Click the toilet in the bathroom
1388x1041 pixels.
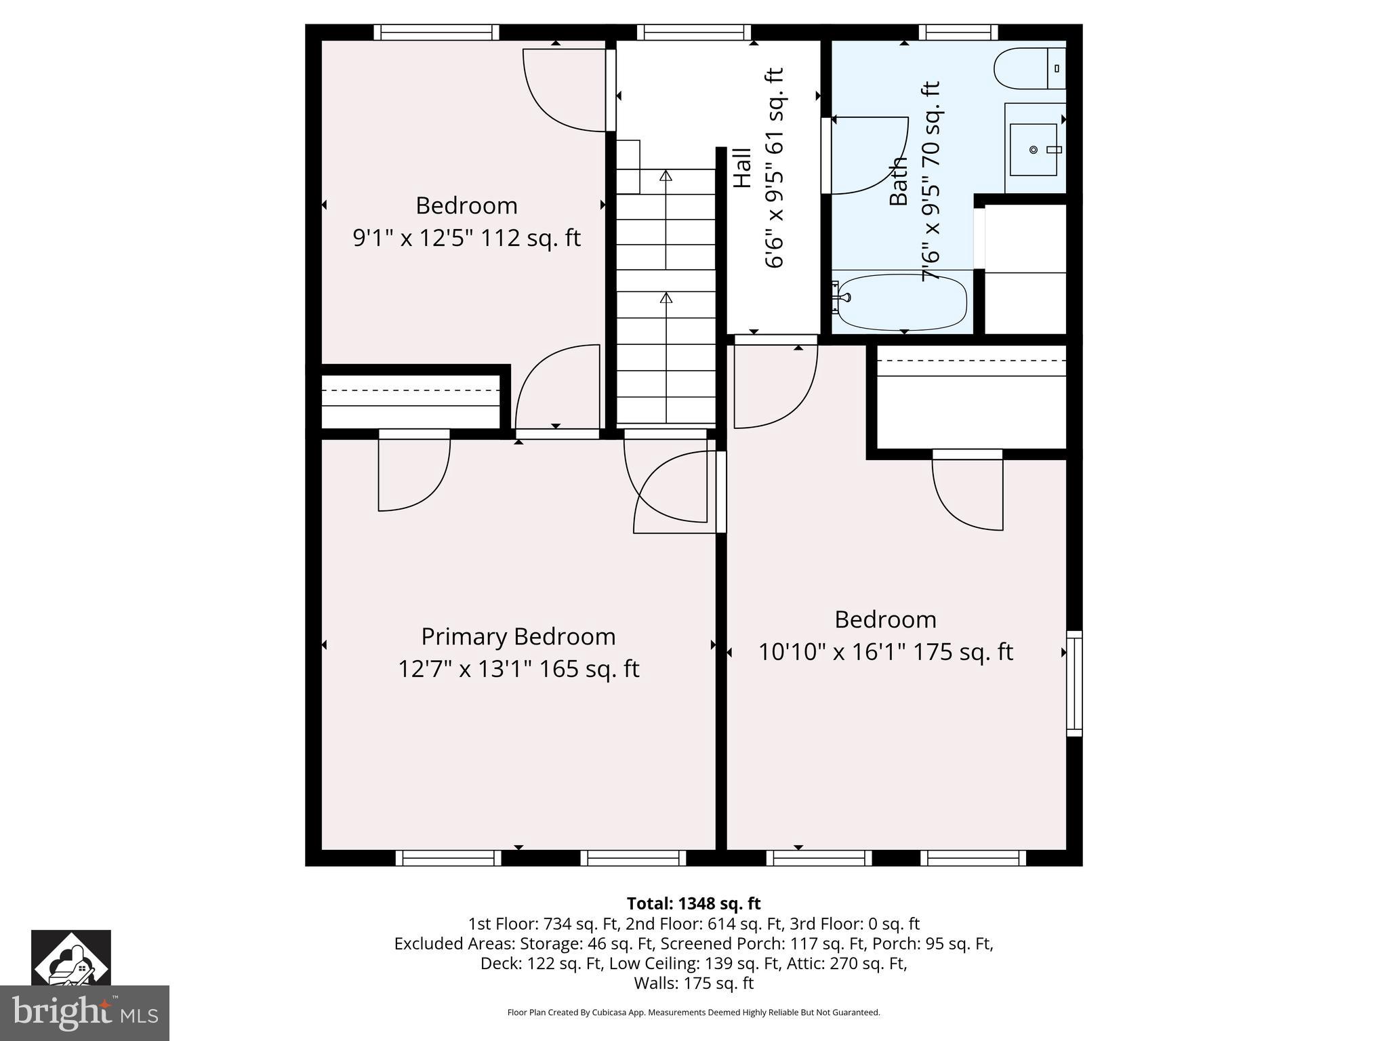tap(1028, 68)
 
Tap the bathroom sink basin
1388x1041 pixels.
tap(1033, 150)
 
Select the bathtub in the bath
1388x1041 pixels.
tap(901, 302)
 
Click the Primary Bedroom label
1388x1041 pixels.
tap(518, 636)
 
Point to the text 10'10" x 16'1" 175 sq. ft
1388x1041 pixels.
tap(885, 652)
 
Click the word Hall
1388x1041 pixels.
tap(743, 167)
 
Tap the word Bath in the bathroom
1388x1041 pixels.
tap(899, 181)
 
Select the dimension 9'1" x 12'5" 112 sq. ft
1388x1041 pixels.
tap(466, 238)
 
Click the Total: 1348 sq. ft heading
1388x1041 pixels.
tap(693, 903)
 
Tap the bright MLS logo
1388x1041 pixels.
tap(84, 1014)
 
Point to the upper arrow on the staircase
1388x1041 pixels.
tap(666, 176)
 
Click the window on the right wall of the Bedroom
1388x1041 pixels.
tap(1074, 683)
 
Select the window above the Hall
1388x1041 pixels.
tap(693, 32)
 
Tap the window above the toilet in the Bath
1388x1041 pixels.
tap(958, 32)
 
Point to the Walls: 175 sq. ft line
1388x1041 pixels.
tap(693, 983)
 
